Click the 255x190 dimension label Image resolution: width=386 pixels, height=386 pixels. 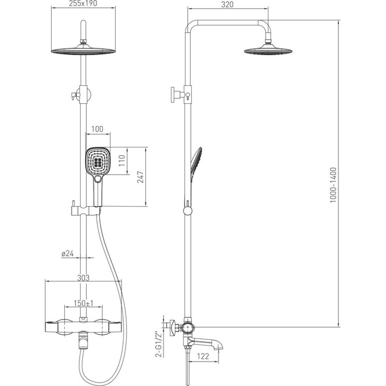pos(83,3)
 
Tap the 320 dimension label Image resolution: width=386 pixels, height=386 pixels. pos(227,5)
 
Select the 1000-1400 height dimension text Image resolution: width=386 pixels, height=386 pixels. pos(333,185)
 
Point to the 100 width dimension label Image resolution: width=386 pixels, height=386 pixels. pos(97,129)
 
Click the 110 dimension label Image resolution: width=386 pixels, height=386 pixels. pos(122,161)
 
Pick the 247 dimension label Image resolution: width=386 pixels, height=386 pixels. pos(140,177)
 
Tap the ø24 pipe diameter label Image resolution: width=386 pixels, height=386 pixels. pos(68,253)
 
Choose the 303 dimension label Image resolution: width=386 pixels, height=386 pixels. pos(83,278)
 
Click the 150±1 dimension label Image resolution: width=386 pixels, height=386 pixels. pos(83,303)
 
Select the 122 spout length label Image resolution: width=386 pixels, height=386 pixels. pos(203,356)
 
